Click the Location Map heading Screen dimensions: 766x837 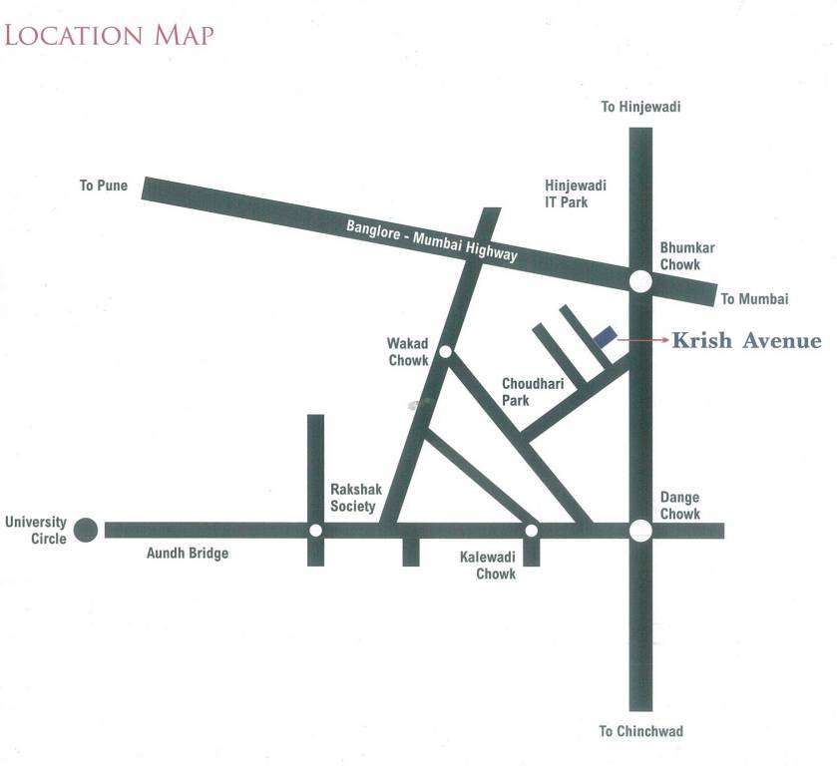[109, 34]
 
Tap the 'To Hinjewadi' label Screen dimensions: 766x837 [639, 107]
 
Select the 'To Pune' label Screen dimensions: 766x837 [104, 186]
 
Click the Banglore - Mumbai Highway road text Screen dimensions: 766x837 [432, 240]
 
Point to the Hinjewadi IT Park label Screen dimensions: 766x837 [576, 193]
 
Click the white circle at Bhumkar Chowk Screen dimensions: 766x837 [640, 282]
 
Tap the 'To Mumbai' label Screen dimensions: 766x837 [755, 299]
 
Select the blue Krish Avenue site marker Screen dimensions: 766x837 [606, 338]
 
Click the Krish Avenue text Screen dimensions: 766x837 [746, 341]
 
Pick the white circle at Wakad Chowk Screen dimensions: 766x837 [445, 351]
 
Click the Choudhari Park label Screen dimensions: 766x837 [530, 391]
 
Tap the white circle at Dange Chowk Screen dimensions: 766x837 [640, 530]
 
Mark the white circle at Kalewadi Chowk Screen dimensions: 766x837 [531, 530]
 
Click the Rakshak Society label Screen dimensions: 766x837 [353, 498]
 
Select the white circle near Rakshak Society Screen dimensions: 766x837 [315, 530]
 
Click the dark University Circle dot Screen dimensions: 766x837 [87, 530]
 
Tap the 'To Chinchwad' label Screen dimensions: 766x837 [640, 731]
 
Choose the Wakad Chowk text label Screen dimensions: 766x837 [407, 352]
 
